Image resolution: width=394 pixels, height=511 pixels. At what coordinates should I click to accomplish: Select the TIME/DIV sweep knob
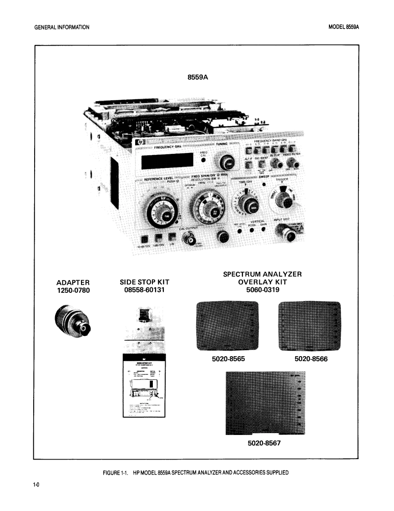pos(248,205)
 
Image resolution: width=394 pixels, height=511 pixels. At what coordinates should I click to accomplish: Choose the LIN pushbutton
pos(172,238)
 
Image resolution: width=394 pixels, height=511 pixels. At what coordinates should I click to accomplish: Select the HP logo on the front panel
pos(139,143)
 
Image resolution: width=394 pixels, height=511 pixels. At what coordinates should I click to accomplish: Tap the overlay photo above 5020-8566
pos(309,324)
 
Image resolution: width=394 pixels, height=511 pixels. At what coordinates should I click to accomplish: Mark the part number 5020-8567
pos(265,442)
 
